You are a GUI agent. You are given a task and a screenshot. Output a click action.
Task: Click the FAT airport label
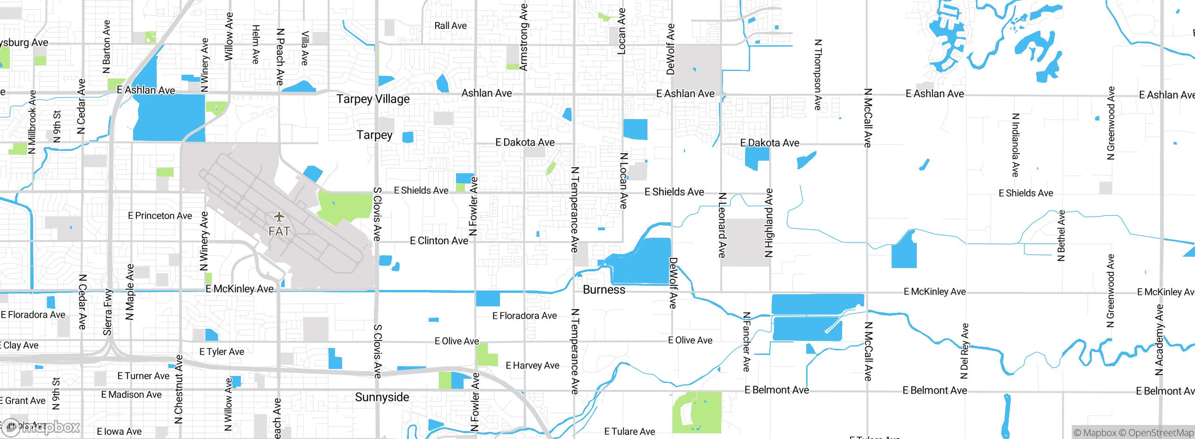[x=279, y=231]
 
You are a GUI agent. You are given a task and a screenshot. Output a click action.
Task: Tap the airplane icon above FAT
[x=279, y=217]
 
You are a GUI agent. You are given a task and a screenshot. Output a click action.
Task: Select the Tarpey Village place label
[x=373, y=99]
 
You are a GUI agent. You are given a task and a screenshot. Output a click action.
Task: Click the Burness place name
[x=604, y=290]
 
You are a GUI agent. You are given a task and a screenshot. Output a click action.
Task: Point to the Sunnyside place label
[x=382, y=397]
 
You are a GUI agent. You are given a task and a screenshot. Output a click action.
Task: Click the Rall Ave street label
[x=450, y=26]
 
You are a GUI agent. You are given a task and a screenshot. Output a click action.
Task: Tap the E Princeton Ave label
[x=160, y=216]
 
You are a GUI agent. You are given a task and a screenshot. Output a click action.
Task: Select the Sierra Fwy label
[x=108, y=312]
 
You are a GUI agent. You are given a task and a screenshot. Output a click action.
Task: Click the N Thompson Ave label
[x=817, y=75]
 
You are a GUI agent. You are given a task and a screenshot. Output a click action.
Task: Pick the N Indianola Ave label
[x=1015, y=145]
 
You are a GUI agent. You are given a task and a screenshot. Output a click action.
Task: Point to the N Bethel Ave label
[x=1061, y=235]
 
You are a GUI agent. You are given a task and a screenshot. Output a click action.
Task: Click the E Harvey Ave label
[x=532, y=366]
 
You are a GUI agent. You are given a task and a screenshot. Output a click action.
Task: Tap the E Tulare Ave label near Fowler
[x=629, y=432]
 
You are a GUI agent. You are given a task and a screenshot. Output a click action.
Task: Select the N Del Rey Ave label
[x=964, y=351]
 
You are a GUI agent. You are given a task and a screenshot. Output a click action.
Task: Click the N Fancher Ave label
[x=746, y=342]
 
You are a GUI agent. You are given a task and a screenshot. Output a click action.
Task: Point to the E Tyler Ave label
[x=221, y=352]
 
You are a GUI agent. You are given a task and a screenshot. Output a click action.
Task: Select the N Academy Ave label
[x=1159, y=340]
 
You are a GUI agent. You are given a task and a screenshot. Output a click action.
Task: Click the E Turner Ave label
[x=143, y=376]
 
